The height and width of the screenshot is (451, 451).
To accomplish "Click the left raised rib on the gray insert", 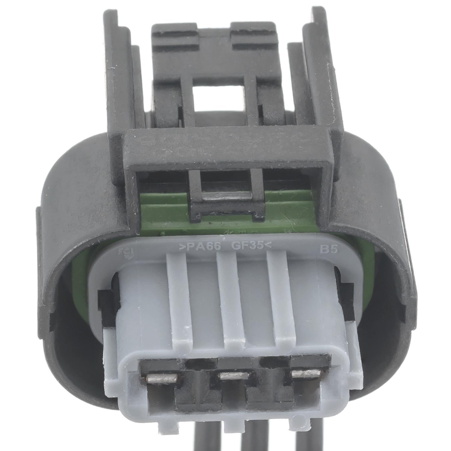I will click(180, 298).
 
